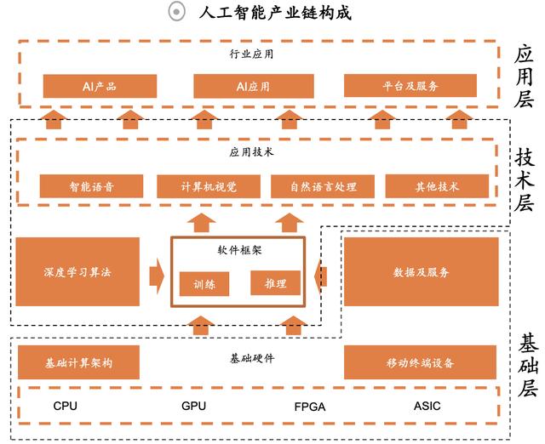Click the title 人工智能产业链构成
273,13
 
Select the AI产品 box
100,87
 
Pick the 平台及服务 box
410,87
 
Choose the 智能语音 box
91,186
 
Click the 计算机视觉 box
209,186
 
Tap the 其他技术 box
437,186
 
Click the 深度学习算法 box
77,272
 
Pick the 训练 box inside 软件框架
204,284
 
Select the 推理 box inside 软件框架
275,283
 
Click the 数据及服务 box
421,272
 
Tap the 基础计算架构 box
78,362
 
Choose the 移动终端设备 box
420,362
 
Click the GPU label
194,407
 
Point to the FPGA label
309,407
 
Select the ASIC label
427,407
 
